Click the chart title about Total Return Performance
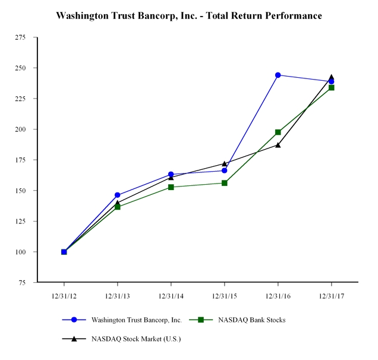click(189, 15)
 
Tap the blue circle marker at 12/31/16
click(278, 75)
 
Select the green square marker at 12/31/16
click(278, 132)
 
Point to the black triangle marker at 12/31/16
click(278, 144)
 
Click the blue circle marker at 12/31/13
click(117, 195)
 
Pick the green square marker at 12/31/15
click(224, 183)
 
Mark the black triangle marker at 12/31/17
click(331, 77)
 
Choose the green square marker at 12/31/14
click(171, 187)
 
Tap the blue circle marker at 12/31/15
click(224, 170)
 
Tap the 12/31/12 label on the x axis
click(64, 294)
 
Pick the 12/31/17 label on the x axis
click(331, 294)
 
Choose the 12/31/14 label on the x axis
click(171, 294)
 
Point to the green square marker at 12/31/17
click(331, 87)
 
